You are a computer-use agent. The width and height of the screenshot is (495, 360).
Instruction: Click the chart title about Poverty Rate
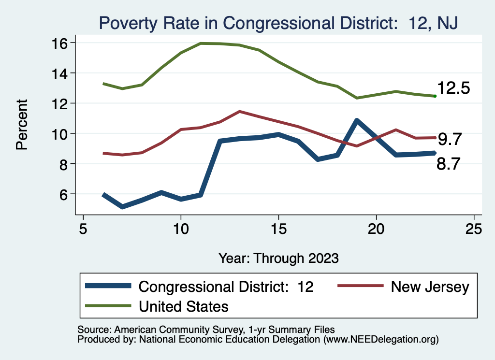click(278, 22)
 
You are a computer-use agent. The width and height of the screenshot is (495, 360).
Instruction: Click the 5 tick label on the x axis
click(83, 229)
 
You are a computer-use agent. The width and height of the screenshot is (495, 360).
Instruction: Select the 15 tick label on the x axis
click(278, 229)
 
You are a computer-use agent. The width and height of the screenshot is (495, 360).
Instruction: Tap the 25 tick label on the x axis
click(474, 229)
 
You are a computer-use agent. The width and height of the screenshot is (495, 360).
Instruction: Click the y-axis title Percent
click(22, 124)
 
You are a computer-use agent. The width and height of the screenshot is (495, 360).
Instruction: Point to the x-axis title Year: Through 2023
click(278, 258)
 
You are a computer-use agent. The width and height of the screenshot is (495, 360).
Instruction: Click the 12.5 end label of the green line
click(453, 88)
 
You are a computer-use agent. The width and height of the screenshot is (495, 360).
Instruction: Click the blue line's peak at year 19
click(357, 120)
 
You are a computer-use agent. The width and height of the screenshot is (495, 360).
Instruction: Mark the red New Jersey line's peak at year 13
click(239, 111)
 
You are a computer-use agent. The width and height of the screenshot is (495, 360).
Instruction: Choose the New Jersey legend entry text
click(430, 287)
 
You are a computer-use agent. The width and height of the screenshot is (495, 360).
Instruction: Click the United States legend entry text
click(183, 306)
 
